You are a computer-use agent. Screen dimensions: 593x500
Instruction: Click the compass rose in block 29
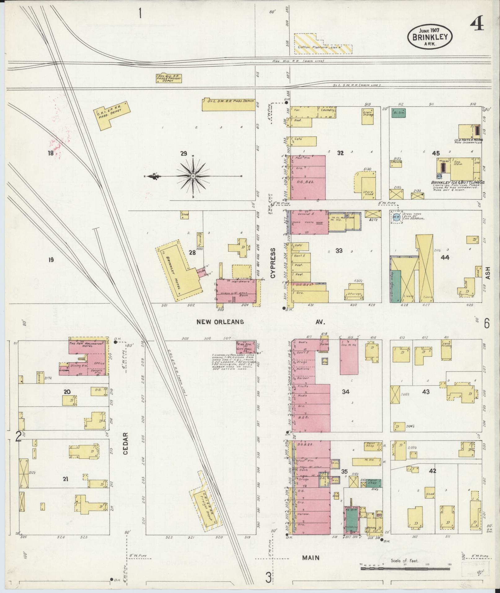click(x=193, y=176)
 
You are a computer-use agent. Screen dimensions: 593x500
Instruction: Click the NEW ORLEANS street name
click(x=220, y=322)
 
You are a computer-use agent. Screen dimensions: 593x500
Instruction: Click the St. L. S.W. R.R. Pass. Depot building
click(x=228, y=104)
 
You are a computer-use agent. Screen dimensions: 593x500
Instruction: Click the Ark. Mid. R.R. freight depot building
click(x=169, y=78)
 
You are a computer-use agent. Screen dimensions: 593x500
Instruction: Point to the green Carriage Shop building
click(x=396, y=285)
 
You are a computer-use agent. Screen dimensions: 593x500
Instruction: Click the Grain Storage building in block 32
click(x=368, y=116)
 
